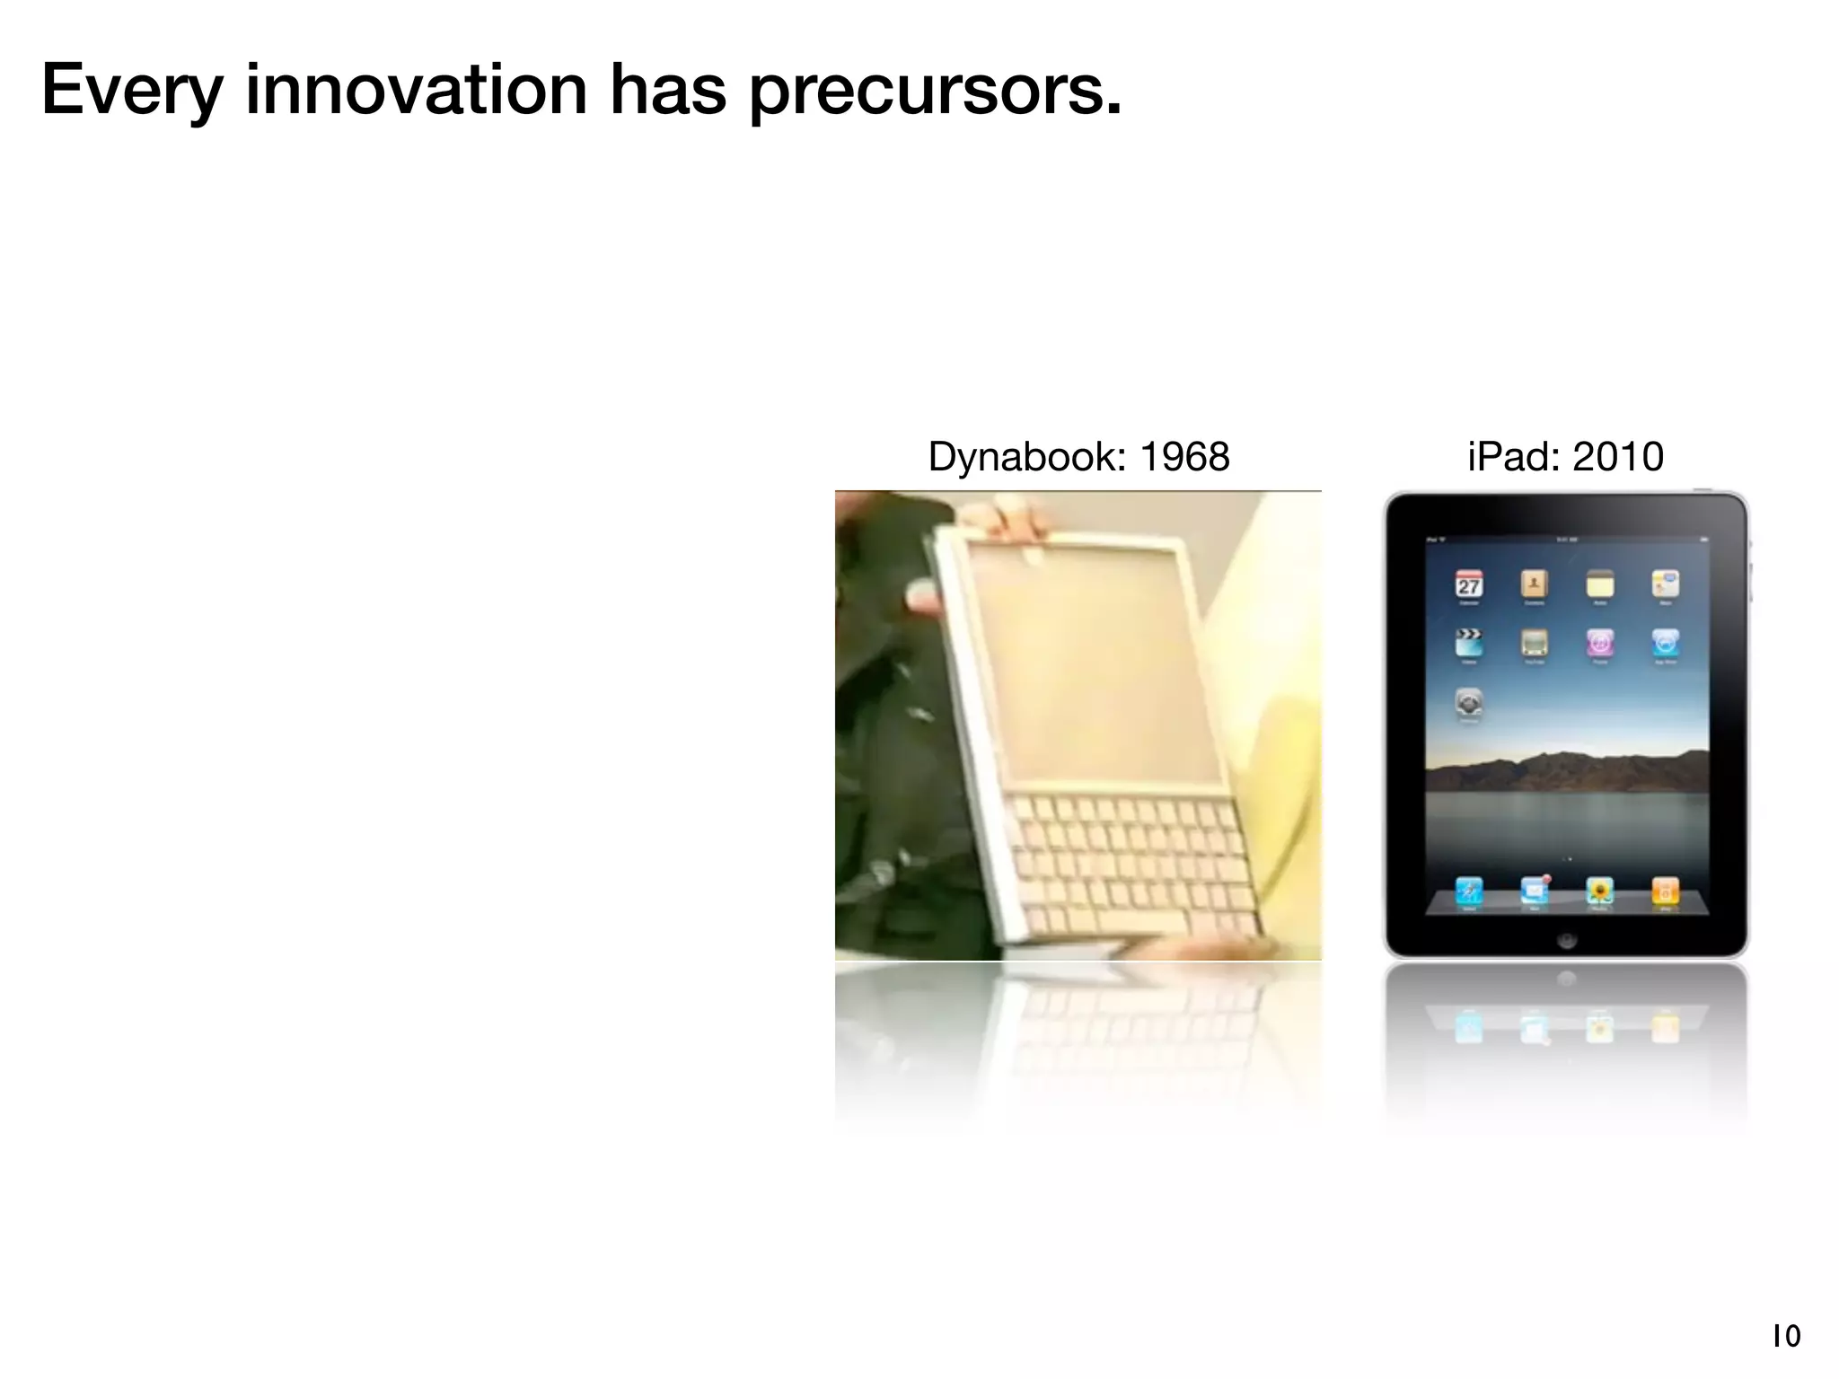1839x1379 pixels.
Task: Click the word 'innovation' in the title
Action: (416, 90)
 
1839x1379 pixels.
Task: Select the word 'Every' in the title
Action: (131, 92)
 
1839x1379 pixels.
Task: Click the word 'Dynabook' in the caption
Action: (1025, 457)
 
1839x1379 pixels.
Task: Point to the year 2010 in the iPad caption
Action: (1617, 457)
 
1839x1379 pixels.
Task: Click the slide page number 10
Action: (1786, 1337)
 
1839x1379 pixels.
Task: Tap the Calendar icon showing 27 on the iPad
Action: (1469, 585)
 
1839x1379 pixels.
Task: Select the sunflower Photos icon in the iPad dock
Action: (1599, 891)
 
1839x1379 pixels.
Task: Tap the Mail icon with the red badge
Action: (1535, 891)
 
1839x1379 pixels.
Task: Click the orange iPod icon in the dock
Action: (1665, 891)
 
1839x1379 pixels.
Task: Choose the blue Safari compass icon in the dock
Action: (1469, 891)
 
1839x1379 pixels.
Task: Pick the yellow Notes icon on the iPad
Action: (1599, 585)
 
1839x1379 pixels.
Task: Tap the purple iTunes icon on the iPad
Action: (1599, 643)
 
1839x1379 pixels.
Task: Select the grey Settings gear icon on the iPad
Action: (1469, 702)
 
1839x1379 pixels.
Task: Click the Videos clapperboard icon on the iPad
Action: (1469, 643)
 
